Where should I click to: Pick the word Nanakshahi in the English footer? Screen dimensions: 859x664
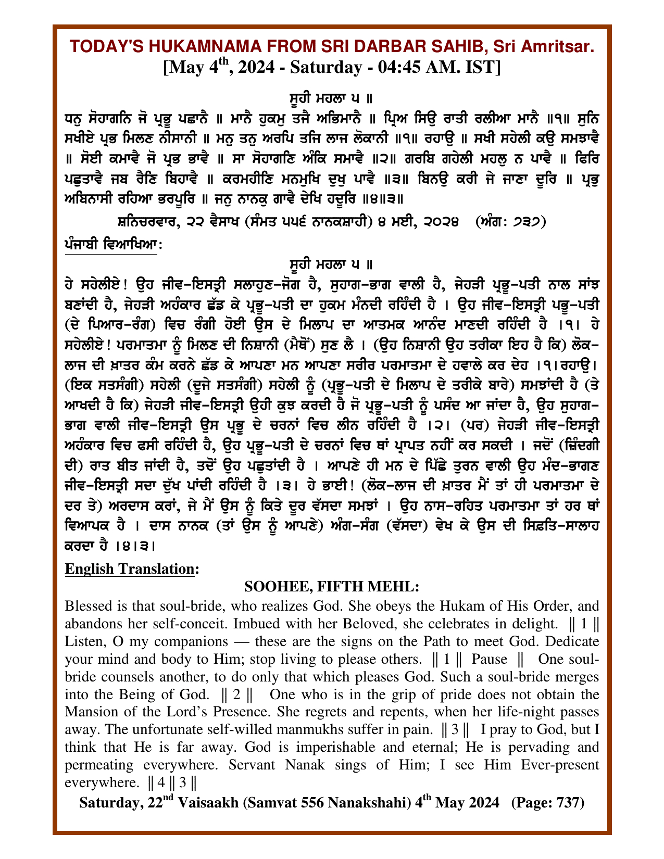point(356,802)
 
